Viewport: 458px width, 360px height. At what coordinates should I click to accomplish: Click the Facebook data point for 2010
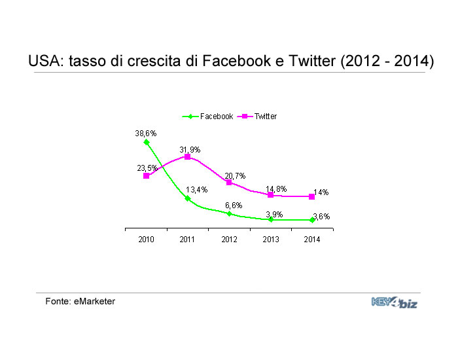click(x=147, y=142)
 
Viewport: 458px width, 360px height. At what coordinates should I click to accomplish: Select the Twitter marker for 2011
click(x=188, y=157)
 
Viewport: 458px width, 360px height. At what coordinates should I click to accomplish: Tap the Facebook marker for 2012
click(x=229, y=213)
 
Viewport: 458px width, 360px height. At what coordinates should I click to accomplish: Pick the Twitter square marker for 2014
click(x=311, y=197)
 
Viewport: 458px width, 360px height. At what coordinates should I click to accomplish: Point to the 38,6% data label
click(x=146, y=134)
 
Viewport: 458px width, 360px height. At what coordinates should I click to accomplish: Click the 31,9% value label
click(x=190, y=150)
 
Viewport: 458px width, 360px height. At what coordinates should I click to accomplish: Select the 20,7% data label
click(x=235, y=176)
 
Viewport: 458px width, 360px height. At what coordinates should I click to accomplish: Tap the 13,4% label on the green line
click(x=196, y=190)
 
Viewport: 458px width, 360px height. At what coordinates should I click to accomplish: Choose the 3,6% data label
click(x=321, y=217)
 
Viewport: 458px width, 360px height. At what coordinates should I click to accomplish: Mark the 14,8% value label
click(x=276, y=189)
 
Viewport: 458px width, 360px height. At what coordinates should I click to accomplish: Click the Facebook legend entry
click(x=207, y=117)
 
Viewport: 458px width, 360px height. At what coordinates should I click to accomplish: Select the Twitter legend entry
click(x=257, y=117)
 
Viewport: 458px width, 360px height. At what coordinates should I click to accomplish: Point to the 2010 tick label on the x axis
click(x=146, y=240)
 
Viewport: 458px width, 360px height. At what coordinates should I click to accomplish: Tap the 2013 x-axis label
click(x=271, y=240)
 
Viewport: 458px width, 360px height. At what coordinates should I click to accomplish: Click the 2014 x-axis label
click(x=312, y=240)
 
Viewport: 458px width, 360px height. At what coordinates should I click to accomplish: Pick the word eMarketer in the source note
click(x=94, y=301)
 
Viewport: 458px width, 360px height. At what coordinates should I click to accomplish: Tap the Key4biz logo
click(x=395, y=302)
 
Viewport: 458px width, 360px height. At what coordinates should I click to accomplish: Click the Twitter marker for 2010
click(x=147, y=176)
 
